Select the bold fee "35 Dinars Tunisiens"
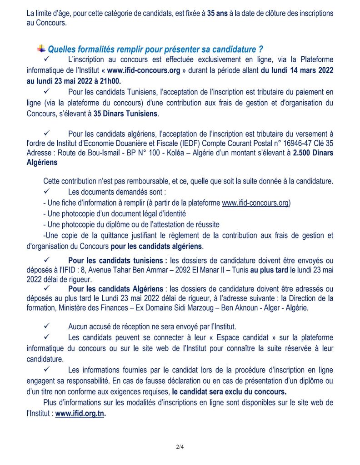pos(126,114)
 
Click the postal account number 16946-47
pos(287,143)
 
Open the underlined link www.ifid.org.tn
pos(80,414)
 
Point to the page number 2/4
pos(180,447)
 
